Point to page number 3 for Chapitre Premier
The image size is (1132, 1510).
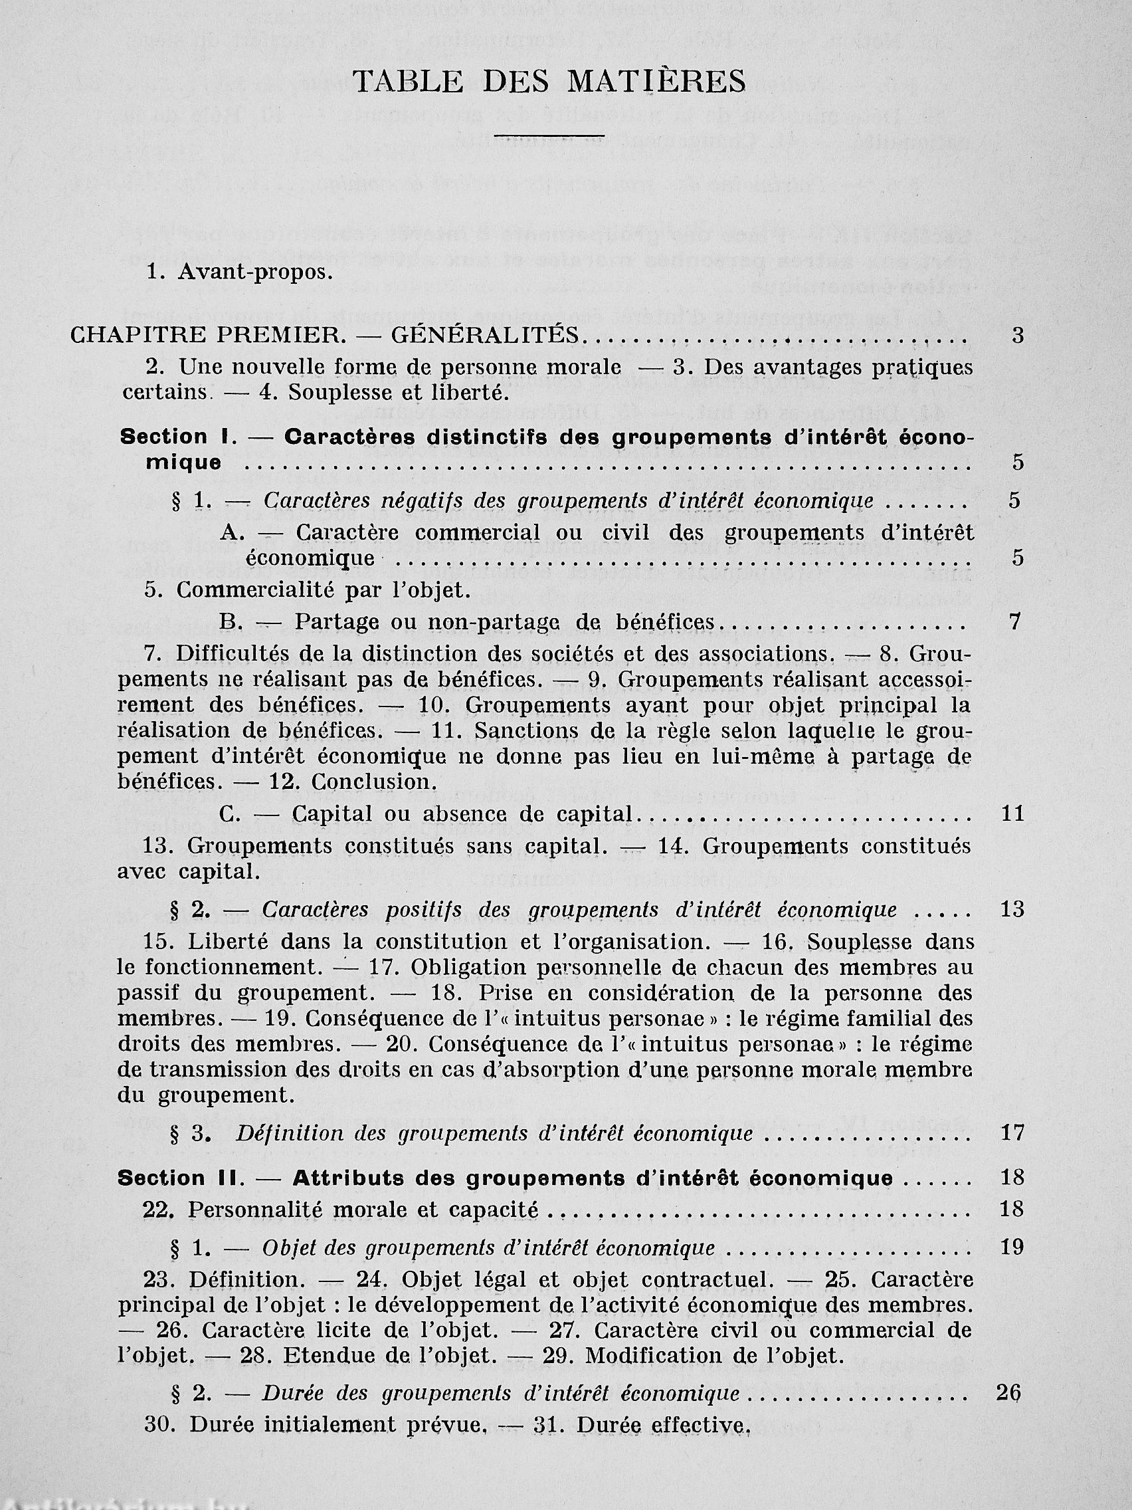1018,336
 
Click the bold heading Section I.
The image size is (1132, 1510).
174,437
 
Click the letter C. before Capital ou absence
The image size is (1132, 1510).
230,813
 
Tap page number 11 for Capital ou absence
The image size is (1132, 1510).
1013,813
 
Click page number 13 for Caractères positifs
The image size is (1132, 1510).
1012,909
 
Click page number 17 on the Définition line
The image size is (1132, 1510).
1012,1134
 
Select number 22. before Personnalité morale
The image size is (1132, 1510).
159,1209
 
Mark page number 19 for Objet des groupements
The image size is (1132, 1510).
1012,1247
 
